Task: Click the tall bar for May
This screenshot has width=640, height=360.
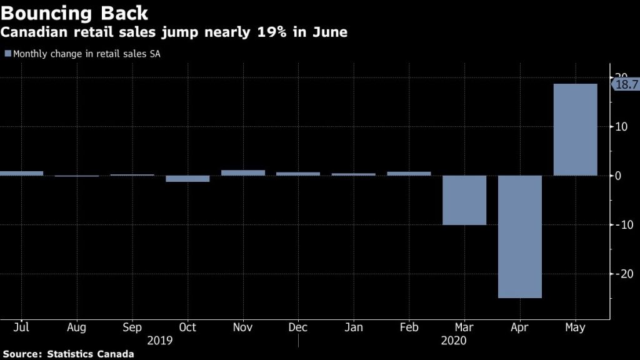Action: pyautogui.click(x=575, y=129)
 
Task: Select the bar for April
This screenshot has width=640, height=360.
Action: pyautogui.click(x=519, y=236)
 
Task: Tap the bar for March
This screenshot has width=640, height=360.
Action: pyautogui.click(x=464, y=200)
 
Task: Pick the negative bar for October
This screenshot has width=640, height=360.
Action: pyautogui.click(x=187, y=179)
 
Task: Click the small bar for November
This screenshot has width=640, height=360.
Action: pyautogui.click(x=243, y=172)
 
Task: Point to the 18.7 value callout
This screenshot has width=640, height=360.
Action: pyautogui.click(x=626, y=85)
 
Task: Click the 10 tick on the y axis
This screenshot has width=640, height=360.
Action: pyautogui.click(x=621, y=127)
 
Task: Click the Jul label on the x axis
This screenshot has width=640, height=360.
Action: pyautogui.click(x=21, y=327)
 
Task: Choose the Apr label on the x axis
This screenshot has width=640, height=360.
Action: pyautogui.click(x=519, y=327)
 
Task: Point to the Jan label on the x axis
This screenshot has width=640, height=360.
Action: pyautogui.click(x=353, y=327)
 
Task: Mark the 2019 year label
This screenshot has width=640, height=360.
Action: pyautogui.click(x=159, y=341)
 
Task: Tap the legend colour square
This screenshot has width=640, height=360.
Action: pyautogui.click(x=7, y=54)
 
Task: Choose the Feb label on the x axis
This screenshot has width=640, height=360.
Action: pyautogui.click(x=409, y=327)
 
